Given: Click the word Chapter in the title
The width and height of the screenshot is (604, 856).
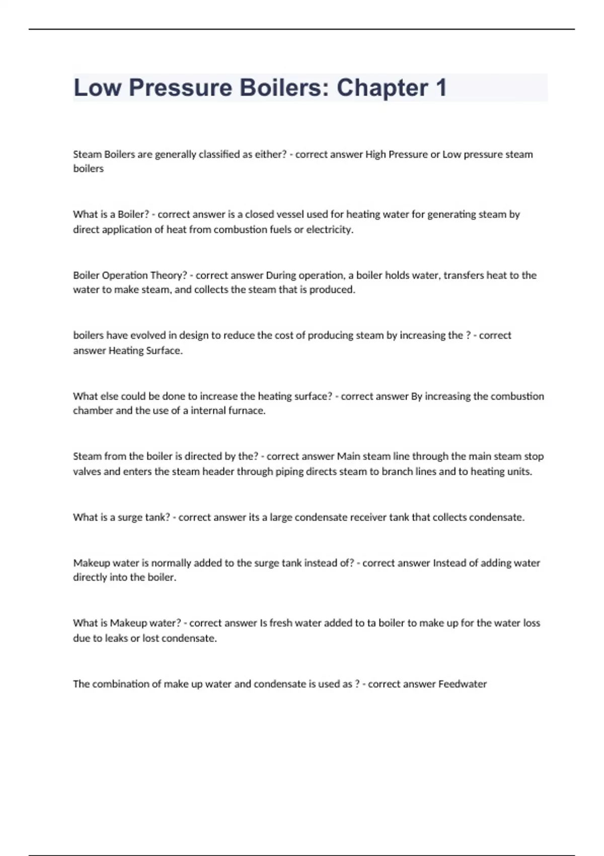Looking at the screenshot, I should pos(383,88).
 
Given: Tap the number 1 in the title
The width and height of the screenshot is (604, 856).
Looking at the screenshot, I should pos(441,88).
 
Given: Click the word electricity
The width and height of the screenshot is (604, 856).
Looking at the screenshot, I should pos(330,230).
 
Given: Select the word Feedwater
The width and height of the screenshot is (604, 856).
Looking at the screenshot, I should pos(463,684).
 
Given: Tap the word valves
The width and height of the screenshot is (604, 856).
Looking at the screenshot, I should pos(87,471).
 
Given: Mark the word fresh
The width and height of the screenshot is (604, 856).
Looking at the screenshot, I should pos(281,623).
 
